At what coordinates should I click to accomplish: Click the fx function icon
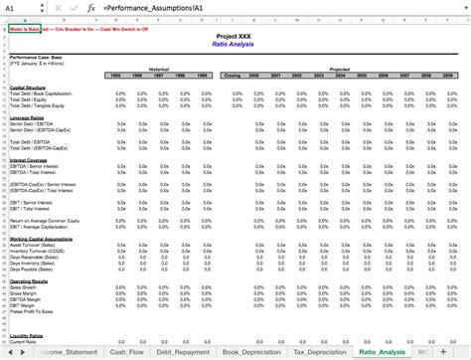(91, 7)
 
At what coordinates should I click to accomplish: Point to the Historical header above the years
(159, 70)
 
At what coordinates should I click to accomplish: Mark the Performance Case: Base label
(34, 57)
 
